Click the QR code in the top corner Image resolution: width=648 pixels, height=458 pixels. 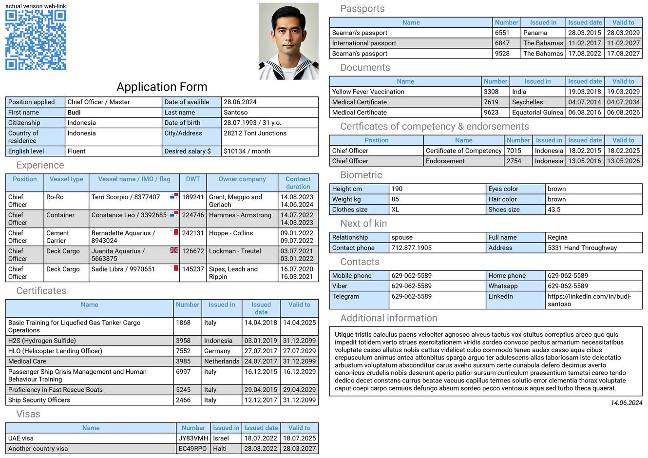tap(36, 40)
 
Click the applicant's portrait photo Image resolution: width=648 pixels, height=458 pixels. tap(288, 41)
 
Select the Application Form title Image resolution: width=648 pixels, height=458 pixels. tap(162, 87)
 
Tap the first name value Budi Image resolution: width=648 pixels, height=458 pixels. tap(74, 113)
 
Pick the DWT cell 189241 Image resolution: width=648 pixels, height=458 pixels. tap(193, 197)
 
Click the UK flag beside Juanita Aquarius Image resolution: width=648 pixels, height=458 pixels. tap(174, 250)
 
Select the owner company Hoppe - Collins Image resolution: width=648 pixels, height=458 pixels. tap(231, 233)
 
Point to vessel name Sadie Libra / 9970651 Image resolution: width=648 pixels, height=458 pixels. tap(123, 269)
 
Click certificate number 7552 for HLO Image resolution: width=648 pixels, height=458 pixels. tap(183, 351)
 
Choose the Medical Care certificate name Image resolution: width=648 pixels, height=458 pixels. tap(27, 362)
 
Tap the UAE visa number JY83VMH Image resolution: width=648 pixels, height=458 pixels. tap(193, 438)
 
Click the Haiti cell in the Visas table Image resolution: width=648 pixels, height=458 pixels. tap(220, 449)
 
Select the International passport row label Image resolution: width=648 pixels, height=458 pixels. tap(364, 43)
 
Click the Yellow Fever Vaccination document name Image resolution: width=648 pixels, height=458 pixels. tap(368, 92)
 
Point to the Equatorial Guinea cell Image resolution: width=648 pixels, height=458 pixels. tap(537, 113)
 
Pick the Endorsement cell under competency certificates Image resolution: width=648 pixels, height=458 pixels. tap(445, 161)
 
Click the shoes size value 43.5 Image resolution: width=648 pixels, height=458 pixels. tap(554, 210)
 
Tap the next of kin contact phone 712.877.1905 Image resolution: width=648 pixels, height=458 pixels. tap(412, 248)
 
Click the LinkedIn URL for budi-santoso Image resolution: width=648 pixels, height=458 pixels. tap(589, 300)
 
